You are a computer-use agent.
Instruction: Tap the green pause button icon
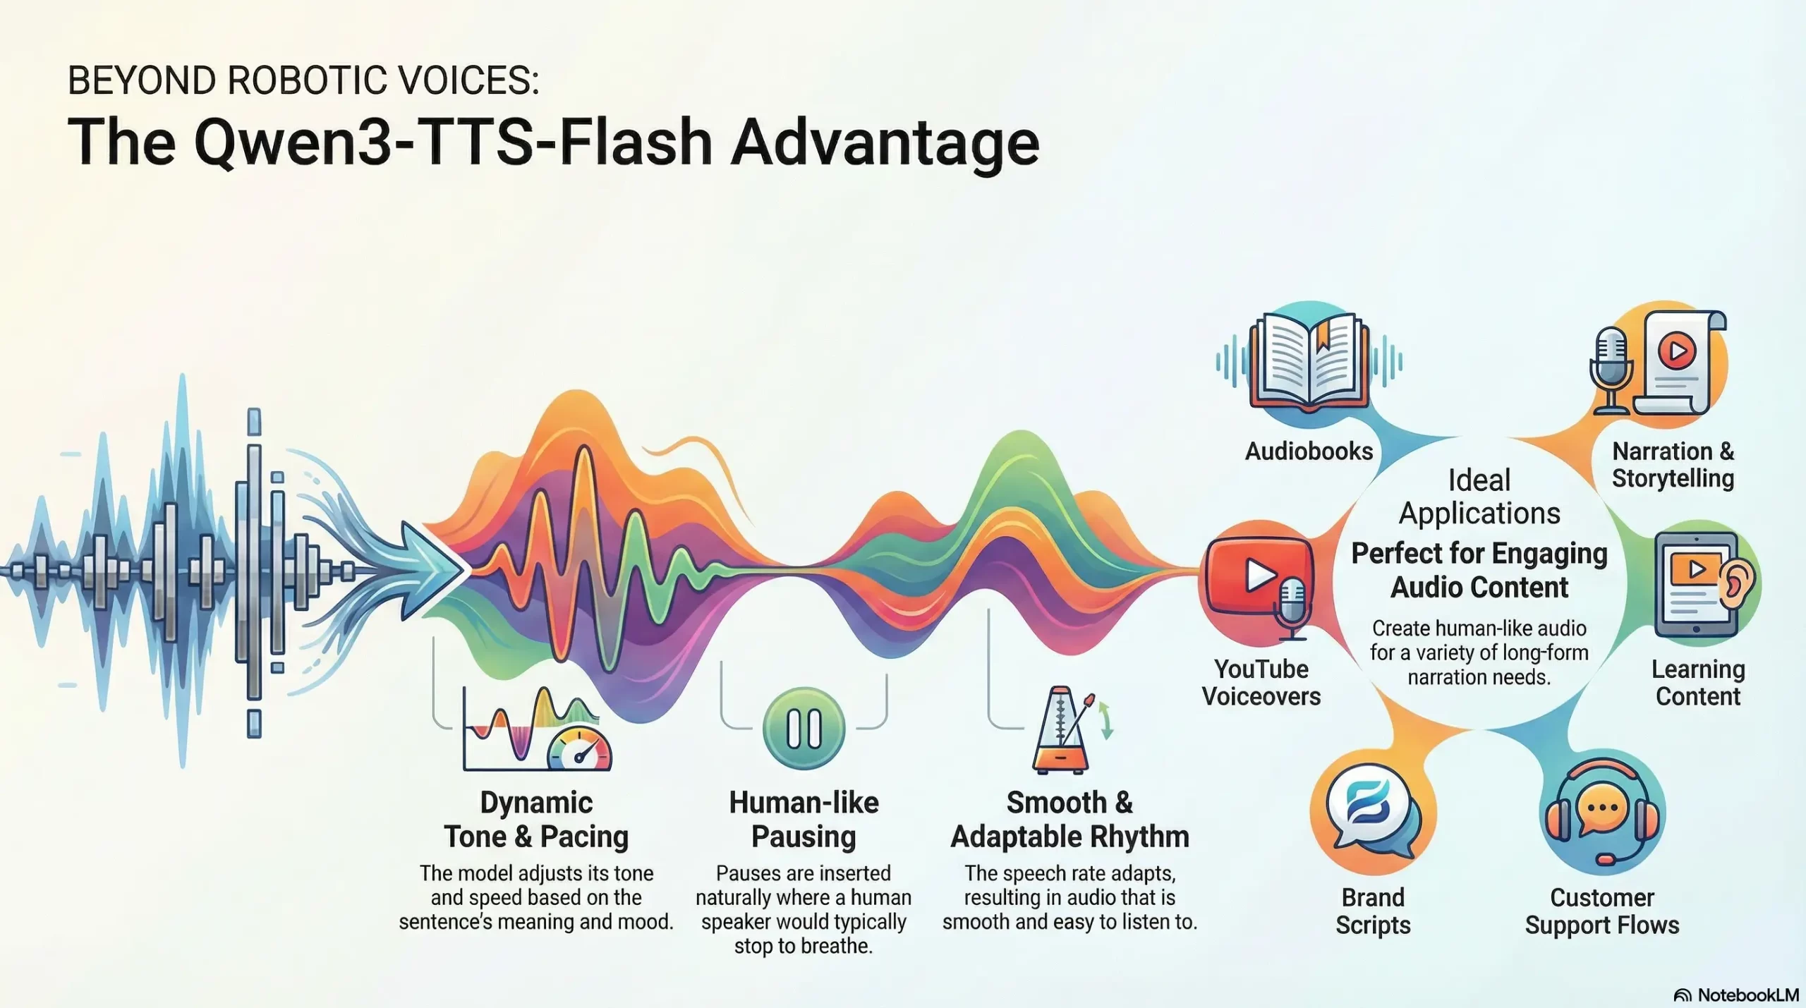pyautogui.click(x=804, y=728)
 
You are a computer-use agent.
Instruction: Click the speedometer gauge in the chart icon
pyautogui.click(x=580, y=749)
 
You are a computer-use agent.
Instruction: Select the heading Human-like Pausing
pyautogui.click(x=804, y=819)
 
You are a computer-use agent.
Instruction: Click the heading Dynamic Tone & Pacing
pyautogui.click(x=536, y=819)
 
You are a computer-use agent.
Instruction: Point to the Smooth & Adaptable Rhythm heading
pyautogui.click(x=1069, y=819)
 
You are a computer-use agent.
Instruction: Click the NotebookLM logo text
pyautogui.click(x=1747, y=995)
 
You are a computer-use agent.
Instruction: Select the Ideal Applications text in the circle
pyautogui.click(x=1479, y=497)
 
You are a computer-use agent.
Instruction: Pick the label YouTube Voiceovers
pyautogui.click(x=1261, y=682)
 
